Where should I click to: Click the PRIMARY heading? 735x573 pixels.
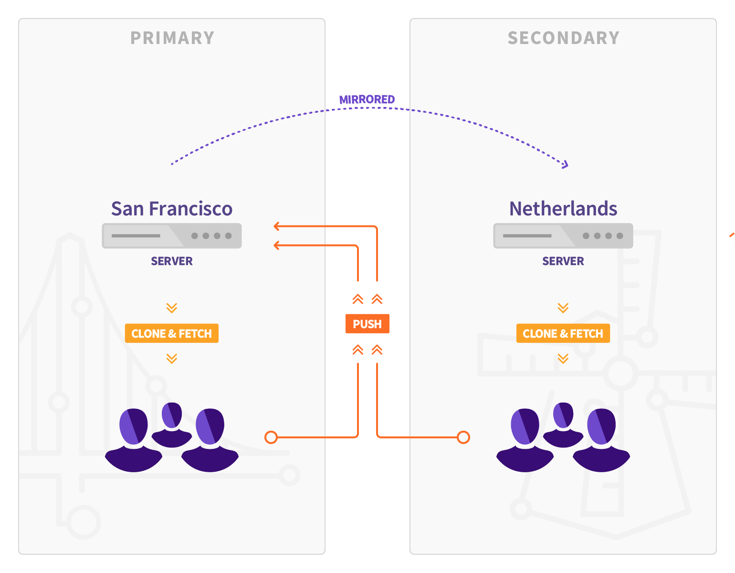[172, 38]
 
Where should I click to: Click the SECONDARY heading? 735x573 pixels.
[563, 38]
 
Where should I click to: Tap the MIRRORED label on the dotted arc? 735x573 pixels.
[367, 99]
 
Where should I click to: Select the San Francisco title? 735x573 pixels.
[172, 209]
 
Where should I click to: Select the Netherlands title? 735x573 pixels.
[563, 209]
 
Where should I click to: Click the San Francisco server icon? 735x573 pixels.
[172, 236]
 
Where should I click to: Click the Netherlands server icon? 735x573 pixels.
[563, 236]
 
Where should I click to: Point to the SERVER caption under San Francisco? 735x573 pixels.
[172, 261]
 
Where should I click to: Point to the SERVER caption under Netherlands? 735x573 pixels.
[563, 261]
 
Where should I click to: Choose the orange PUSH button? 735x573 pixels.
[367, 324]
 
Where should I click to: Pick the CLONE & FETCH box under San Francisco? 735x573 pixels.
[172, 333]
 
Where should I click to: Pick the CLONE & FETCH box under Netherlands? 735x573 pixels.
[563, 333]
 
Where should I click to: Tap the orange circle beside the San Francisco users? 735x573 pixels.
[271, 437]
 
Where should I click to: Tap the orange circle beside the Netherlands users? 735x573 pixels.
[463, 437]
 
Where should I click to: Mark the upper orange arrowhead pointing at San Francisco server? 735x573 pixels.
[276, 226]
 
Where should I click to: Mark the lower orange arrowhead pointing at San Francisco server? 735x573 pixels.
[276, 245]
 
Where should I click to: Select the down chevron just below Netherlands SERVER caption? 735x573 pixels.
[563, 308]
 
